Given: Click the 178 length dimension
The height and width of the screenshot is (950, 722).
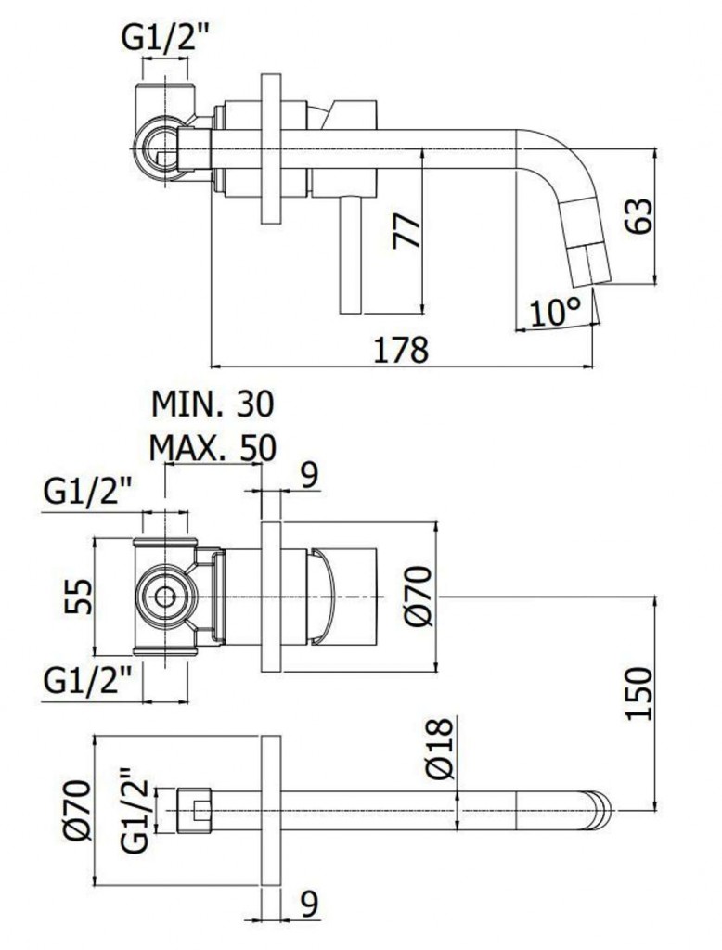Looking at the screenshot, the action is (401, 349).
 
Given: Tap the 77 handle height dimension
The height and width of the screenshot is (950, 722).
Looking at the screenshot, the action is (406, 231).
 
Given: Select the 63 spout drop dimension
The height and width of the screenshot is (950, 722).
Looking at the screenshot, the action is (639, 215).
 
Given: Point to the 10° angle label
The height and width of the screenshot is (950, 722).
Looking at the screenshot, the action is (555, 312).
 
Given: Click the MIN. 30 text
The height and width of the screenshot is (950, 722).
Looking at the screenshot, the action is (213, 404).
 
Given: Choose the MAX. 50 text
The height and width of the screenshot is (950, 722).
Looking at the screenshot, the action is (213, 447).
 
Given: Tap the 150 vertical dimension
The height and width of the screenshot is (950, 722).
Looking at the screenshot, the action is (639, 694).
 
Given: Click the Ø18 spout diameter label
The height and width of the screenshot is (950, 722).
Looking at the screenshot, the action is (440, 749).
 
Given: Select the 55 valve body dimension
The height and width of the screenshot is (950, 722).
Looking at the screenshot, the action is (78, 597).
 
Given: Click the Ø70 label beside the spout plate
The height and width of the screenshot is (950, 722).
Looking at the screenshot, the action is (77, 811).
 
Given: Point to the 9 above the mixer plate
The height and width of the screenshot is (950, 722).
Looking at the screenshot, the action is (309, 476).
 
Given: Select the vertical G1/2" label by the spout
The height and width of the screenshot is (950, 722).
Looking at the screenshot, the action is (135, 811).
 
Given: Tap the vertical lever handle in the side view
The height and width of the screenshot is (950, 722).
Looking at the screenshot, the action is (351, 255).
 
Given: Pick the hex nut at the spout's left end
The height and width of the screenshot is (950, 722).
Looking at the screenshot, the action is (194, 811).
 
